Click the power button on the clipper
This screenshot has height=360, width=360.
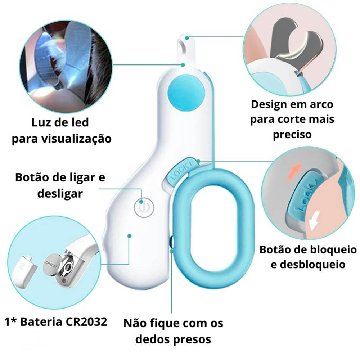[144, 207]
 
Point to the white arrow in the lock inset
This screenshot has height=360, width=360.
[315, 220]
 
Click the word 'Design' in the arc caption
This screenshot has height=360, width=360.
[269, 105]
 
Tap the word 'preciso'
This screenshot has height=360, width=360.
[292, 135]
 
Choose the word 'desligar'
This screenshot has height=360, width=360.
[60, 194]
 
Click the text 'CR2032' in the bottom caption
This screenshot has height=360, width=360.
[86, 322]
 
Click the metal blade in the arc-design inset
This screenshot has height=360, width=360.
[296, 44]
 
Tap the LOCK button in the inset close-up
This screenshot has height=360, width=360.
[305, 198]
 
